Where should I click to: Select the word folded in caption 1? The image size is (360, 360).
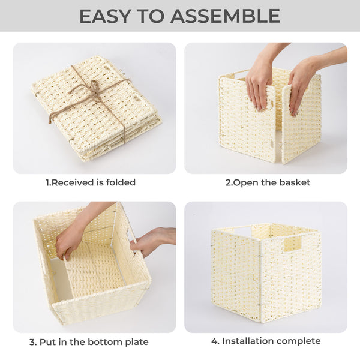coord(121,182)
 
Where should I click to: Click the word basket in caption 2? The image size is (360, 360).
coord(296,182)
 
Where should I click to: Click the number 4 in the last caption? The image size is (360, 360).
coord(215,341)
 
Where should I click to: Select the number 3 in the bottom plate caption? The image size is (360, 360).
coord(32,342)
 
